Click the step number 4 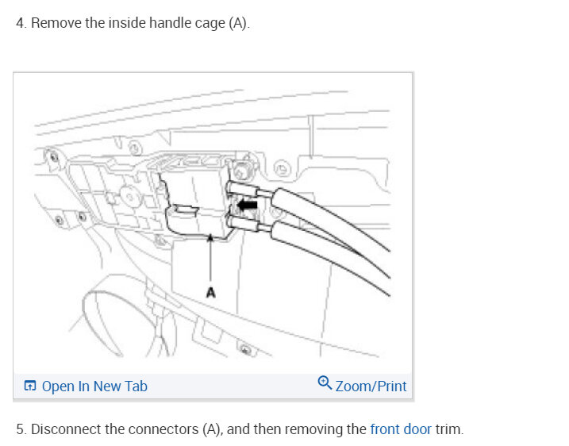tap(20, 23)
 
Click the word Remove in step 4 tap(56, 23)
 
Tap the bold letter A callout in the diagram tap(210, 293)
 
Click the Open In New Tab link tap(94, 386)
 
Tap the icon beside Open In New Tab tap(30, 386)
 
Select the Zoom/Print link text tap(371, 386)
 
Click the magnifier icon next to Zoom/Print tap(325, 383)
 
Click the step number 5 tap(20, 429)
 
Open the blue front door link tap(401, 429)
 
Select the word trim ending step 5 tap(448, 429)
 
